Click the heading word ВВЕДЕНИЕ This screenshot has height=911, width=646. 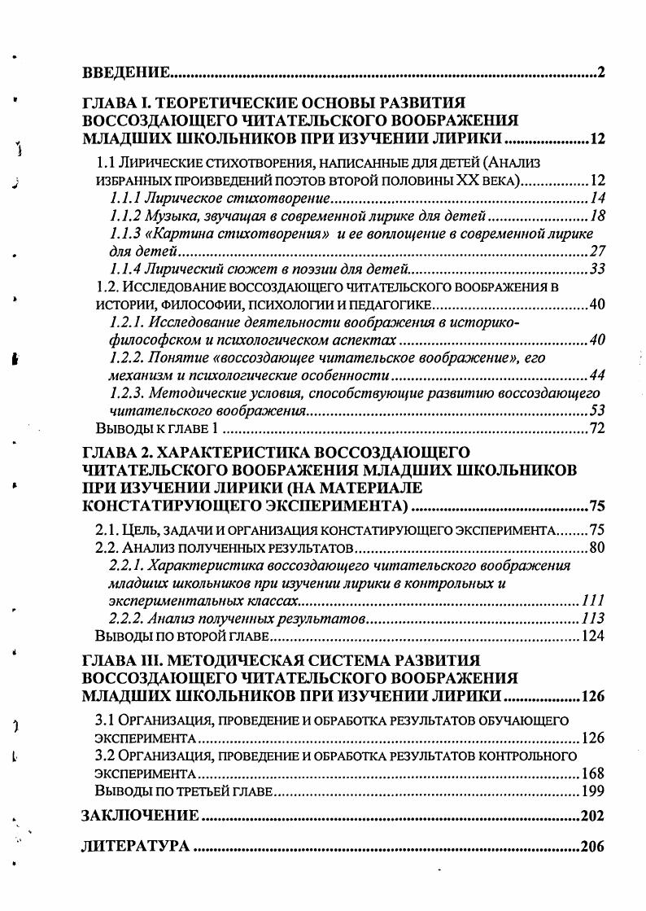[126, 74]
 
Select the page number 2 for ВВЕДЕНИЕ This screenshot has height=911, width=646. [600, 74]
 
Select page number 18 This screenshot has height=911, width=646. [597, 216]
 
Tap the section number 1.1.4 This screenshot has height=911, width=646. [124, 269]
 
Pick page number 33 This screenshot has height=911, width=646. [597, 269]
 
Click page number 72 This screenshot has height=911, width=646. [597, 428]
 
